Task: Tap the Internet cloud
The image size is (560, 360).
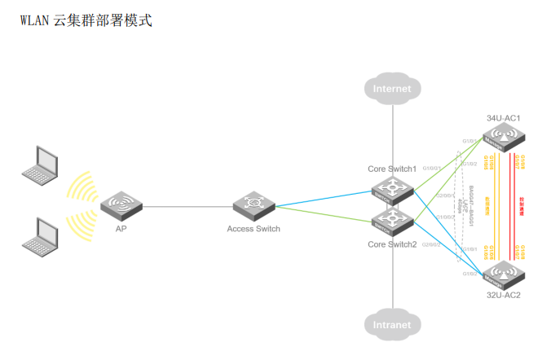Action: tap(392, 89)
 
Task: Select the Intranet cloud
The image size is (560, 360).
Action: tap(392, 324)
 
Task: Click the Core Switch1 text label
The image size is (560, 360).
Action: tap(392, 169)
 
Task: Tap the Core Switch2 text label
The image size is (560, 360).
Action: tap(392, 244)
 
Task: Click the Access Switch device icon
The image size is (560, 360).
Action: tap(255, 205)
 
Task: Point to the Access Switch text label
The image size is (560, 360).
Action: tap(254, 229)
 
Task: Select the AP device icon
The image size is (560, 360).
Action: tap(121, 205)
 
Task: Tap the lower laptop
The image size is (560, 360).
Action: tap(40, 235)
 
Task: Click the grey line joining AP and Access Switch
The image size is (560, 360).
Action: tap(187, 206)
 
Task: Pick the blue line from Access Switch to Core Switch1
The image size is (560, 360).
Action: tap(326, 199)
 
